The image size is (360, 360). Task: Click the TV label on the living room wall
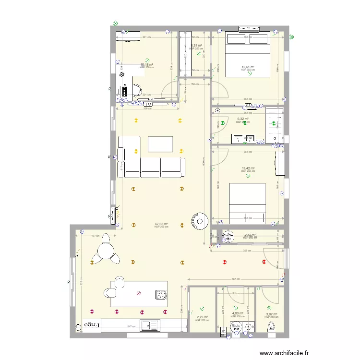click(x=148, y=104)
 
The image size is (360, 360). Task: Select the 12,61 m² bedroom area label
click(x=248, y=67)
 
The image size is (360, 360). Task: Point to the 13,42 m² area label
click(x=248, y=168)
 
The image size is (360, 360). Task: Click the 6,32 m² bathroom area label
click(x=243, y=119)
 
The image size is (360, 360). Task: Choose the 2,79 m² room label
click(x=203, y=317)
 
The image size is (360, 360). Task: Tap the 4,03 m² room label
click(x=237, y=313)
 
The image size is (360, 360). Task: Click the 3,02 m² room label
click(x=271, y=314)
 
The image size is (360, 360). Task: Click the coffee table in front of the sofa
click(x=160, y=144)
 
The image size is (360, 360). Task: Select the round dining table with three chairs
click(x=106, y=252)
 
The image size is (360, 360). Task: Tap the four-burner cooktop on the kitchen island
click(x=160, y=294)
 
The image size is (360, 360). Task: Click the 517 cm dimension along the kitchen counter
click(x=130, y=327)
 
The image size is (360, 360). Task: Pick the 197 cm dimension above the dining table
click(x=95, y=236)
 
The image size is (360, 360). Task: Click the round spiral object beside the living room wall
click(x=198, y=221)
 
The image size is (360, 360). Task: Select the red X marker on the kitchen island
click(x=139, y=293)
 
